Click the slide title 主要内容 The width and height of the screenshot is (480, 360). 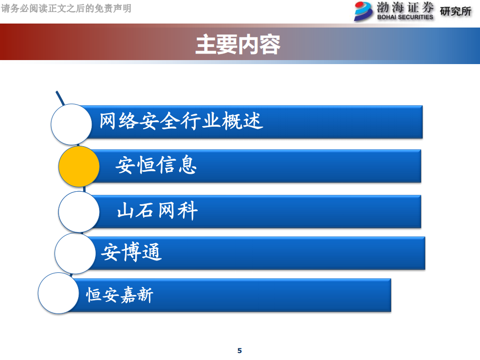[238, 45]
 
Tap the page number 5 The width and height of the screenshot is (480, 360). [239, 350]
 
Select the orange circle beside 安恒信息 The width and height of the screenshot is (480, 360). [79, 166]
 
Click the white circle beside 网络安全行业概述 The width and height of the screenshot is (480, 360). [72, 124]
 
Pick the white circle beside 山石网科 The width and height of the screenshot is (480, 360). [79, 211]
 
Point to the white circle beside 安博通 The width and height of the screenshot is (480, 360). [75, 253]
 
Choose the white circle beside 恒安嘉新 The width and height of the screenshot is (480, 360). [59, 293]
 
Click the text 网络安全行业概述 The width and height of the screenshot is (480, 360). [181, 121]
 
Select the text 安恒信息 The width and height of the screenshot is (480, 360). [156, 165]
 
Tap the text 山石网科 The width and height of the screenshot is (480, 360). [157, 211]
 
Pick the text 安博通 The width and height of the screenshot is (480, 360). [131, 252]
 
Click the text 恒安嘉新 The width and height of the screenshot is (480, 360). [120, 294]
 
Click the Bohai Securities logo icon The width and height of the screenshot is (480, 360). [364, 11]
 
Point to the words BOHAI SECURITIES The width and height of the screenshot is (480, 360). [405, 17]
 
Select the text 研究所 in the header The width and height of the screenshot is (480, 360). [455, 11]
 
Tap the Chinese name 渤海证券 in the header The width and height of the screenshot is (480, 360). [405, 8]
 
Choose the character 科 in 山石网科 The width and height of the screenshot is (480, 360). [188, 211]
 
